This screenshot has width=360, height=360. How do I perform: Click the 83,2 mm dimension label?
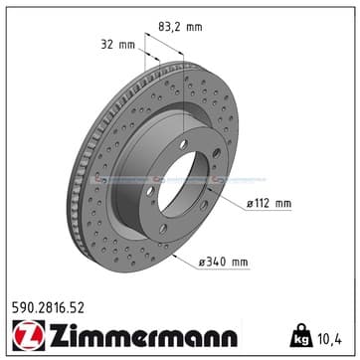click(x=180, y=27)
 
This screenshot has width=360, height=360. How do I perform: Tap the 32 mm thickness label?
click(x=117, y=45)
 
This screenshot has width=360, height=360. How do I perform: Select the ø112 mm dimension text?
click(x=269, y=204)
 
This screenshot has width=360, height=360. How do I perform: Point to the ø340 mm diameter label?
click(x=223, y=263)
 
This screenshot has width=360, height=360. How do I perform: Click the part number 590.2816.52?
click(x=48, y=308)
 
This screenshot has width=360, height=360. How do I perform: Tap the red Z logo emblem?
click(x=29, y=335)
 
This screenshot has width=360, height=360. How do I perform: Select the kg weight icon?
click(x=301, y=335)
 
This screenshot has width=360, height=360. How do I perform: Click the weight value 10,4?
click(x=328, y=339)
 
